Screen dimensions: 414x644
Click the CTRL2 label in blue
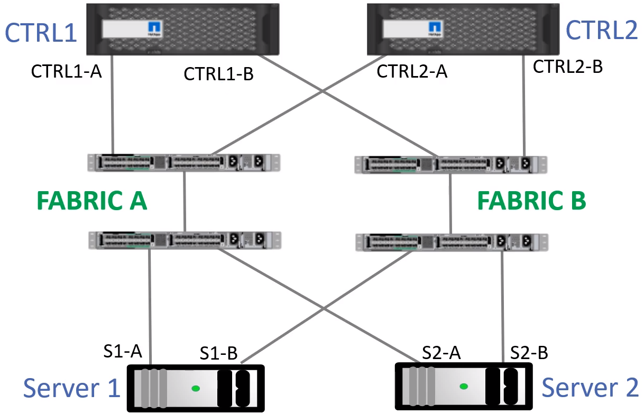602,31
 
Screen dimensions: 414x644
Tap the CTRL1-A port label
66,71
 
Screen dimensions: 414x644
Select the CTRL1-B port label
218,74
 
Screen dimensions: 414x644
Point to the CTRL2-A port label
412,71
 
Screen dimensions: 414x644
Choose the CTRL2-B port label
568,67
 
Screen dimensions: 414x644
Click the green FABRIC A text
91,202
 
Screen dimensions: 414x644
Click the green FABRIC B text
532,202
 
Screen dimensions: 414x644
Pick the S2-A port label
441,352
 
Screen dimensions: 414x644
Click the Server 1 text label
72,388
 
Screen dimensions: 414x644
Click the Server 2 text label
590,388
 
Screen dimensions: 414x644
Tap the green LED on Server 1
196,388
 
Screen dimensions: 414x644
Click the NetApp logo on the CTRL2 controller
435,28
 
